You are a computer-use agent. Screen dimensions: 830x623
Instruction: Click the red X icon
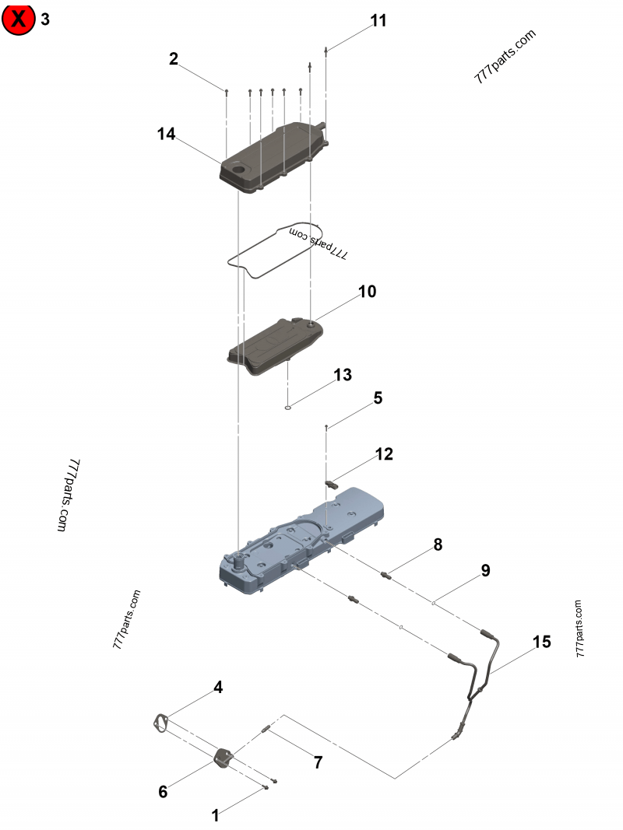(x=19, y=19)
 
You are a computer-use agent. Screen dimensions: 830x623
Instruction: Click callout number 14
(x=166, y=134)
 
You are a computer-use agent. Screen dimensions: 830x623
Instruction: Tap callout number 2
(x=174, y=58)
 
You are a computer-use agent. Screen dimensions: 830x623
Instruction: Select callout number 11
(x=378, y=21)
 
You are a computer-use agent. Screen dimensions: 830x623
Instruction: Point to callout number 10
(x=367, y=292)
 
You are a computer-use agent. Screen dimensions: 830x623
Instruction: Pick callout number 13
(x=343, y=375)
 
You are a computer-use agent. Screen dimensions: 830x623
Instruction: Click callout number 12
(x=384, y=454)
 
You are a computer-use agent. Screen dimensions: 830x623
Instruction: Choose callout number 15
(x=541, y=642)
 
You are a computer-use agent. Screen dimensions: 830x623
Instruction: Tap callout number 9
(x=485, y=570)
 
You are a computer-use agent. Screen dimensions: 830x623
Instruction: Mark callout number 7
(x=318, y=762)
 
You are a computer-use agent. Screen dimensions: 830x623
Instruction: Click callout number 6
(x=163, y=791)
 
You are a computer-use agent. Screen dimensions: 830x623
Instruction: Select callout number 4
(x=218, y=687)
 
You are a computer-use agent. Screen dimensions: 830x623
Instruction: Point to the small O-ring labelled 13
(x=287, y=405)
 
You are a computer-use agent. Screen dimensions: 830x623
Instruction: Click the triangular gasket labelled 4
(x=161, y=723)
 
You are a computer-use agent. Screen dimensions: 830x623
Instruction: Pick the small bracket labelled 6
(x=224, y=756)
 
